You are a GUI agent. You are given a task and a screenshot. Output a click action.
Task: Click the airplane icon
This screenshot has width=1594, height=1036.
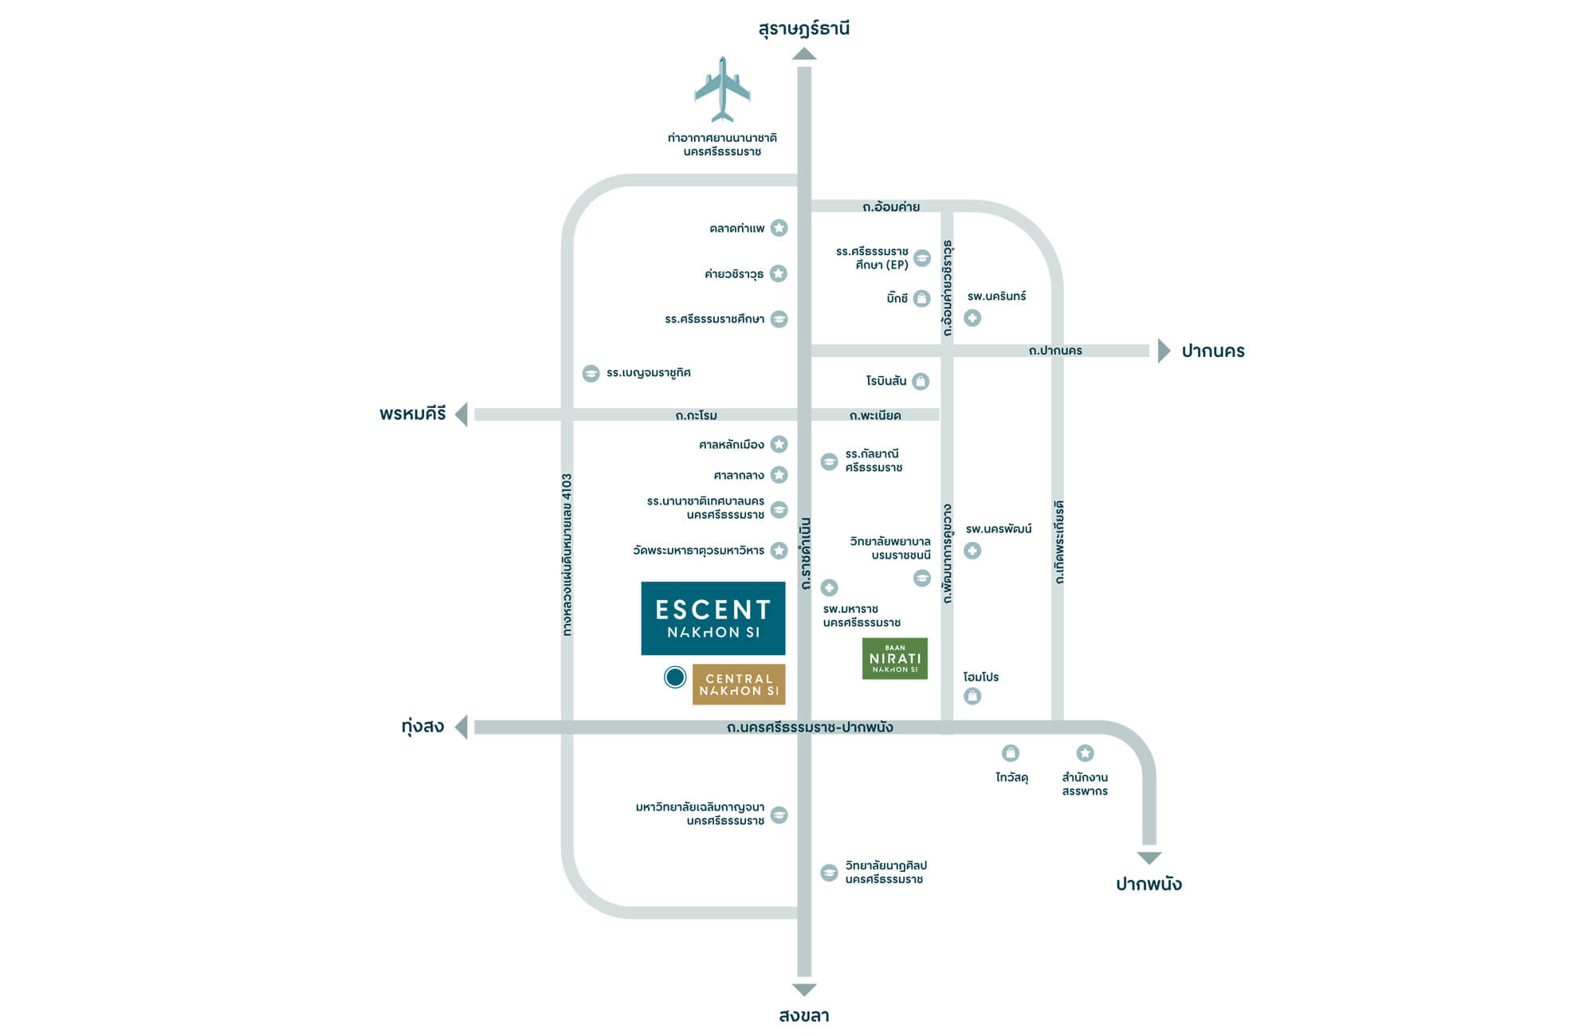pyautogui.click(x=722, y=88)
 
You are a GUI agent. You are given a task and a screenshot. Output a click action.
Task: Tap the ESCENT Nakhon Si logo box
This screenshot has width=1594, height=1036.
pyautogui.click(x=713, y=618)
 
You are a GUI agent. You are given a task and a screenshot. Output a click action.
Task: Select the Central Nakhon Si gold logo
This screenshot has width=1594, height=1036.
pyautogui.click(x=739, y=685)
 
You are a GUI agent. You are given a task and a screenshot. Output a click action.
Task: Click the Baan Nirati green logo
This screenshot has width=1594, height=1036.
pyautogui.click(x=895, y=658)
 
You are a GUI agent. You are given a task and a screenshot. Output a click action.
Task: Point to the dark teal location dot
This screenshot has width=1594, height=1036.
pyautogui.click(x=675, y=677)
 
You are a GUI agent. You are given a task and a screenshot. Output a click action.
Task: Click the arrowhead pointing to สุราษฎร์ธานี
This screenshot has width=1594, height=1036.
pyautogui.click(x=804, y=53)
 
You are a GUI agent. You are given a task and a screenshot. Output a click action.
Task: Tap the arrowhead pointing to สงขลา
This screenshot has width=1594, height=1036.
pyautogui.click(x=804, y=990)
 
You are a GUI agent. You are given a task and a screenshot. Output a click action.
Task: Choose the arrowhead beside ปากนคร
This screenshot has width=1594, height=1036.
pyautogui.click(x=1164, y=351)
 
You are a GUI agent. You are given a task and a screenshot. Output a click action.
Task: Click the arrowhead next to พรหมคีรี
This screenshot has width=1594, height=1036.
pyautogui.click(x=461, y=414)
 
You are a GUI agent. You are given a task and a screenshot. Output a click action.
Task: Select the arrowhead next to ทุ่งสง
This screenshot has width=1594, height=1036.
pyautogui.click(x=461, y=727)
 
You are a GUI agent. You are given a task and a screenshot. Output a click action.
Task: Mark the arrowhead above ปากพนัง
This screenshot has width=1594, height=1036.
pyautogui.click(x=1149, y=858)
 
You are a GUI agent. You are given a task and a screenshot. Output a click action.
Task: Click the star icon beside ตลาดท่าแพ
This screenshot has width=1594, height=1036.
pyautogui.click(x=779, y=228)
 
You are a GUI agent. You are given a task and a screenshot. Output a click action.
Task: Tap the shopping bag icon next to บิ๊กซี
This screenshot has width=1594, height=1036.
pyautogui.click(x=921, y=298)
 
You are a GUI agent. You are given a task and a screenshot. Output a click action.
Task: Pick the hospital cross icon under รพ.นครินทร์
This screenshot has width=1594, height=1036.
pyautogui.click(x=972, y=318)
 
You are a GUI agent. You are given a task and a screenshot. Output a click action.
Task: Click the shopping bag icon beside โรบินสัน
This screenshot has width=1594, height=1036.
pyautogui.click(x=921, y=381)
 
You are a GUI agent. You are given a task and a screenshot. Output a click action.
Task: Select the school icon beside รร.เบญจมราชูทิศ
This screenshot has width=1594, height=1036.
pyautogui.click(x=591, y=373)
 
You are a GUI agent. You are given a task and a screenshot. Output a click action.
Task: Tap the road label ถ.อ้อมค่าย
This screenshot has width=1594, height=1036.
pyautogui.click(x=891, y=207)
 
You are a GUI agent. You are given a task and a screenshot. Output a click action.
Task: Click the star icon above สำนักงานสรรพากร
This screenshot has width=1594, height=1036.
pyautogui.click(x=1085, y=753)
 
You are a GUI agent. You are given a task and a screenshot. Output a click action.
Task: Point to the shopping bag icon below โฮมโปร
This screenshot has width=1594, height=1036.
pyautogui.click(x=972, y=697)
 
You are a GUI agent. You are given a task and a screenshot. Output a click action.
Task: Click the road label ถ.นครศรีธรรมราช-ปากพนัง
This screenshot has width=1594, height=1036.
pyautogui.click(x=810, y=728)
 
